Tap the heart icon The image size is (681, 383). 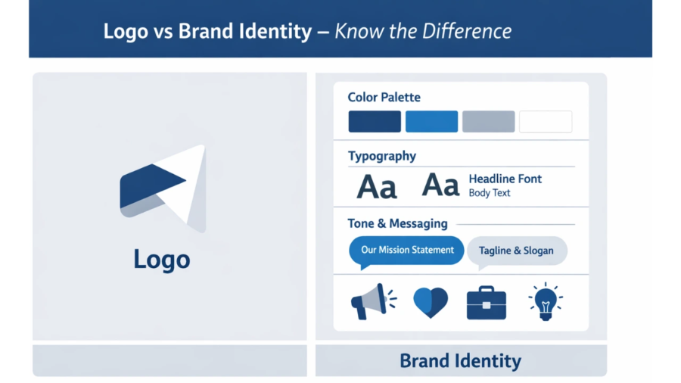pos(430,302)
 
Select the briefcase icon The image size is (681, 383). pos(486,302)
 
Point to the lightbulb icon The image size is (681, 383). pos(545,301)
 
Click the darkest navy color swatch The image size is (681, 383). pos(375,122)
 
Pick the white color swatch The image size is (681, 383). pos(546,122)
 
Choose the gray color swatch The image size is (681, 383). pos(488,122)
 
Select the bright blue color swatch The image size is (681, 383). pos(431,122)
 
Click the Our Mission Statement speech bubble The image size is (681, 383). pos(407,251)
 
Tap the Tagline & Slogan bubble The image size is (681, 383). pos(517,251)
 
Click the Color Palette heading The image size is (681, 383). pos(384,97)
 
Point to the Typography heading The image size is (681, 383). pos(381,156)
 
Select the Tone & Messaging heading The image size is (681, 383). pos(397,224)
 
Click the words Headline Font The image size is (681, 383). pos(505,179)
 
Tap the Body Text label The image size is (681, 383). pos(489,193)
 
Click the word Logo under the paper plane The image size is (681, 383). pos(161,259)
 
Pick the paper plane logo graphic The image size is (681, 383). pos(163,186)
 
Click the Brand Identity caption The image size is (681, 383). pos(460,360)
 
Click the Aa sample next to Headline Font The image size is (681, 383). pos(440,185)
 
